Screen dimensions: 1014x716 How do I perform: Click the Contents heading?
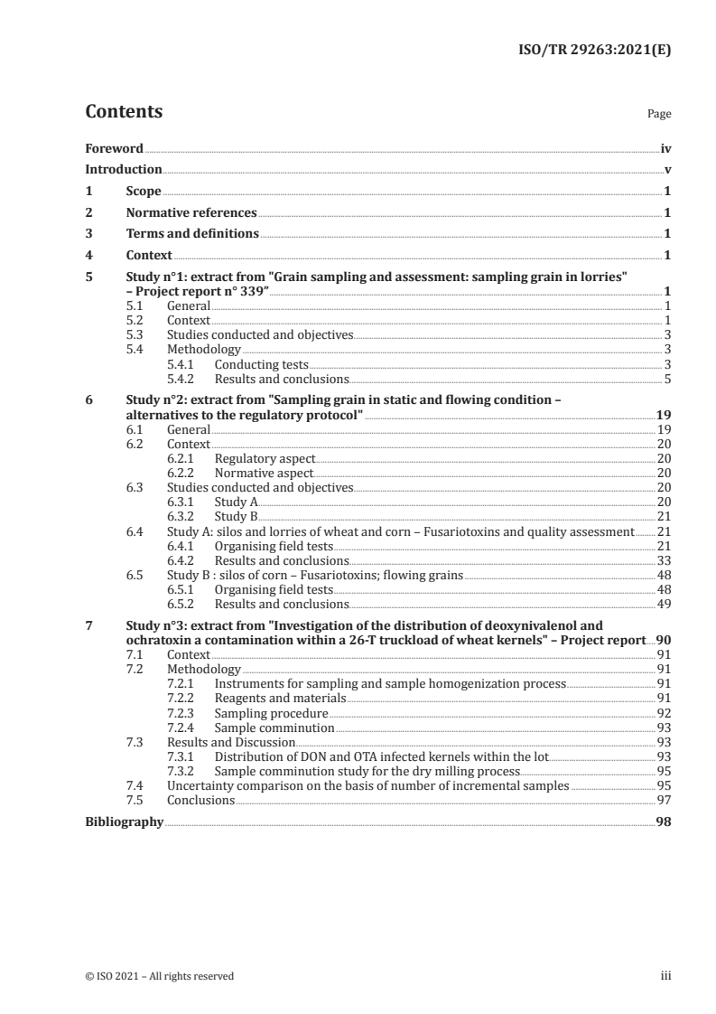[124, 112]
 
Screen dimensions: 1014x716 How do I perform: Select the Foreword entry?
[114, 148]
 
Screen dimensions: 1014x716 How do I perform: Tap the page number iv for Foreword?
[665, 148]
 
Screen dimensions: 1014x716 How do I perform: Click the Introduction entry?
[124, 170]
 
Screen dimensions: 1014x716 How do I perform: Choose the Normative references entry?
[191, 213]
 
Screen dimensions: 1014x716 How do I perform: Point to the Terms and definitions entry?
[192, 234]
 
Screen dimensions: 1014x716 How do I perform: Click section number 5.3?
[135, 334]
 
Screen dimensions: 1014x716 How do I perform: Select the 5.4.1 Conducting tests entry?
[261, 363]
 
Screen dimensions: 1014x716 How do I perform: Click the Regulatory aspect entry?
[265, 459]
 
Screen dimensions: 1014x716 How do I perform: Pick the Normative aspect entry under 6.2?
[264, 473]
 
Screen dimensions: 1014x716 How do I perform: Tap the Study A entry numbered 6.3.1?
[237, 502]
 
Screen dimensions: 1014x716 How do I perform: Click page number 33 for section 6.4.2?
[664, 560]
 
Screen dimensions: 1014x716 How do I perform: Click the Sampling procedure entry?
[271, 713]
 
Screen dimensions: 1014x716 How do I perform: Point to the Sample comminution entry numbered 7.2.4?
[274, 728]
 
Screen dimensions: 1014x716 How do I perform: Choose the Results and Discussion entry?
[231, 742]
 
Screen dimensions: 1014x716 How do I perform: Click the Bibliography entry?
[124, 822]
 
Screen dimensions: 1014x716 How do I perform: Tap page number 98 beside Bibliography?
[664, 822]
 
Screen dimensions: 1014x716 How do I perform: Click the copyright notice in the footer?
[159, 976]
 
